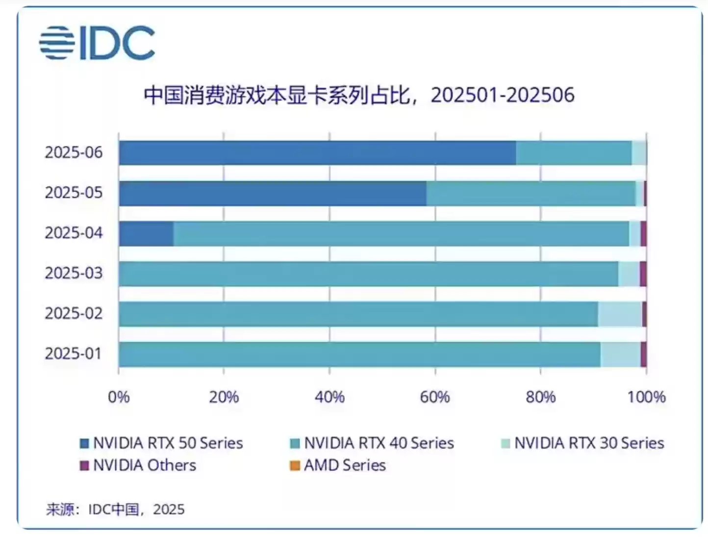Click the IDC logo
pyautogui.click(x=97, y=43)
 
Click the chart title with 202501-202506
pyautogui.click(x=358, y=95)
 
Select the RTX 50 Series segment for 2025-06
pyautogui.click(x=317, y=153)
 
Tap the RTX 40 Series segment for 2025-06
pyautogui.click(x=574, y=153)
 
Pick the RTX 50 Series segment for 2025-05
pyautogui.click(x=272, y=193)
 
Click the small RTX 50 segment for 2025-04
pyautogui.click(x=146, y=233)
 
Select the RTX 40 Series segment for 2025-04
pyautogui.click(x=401, y=233)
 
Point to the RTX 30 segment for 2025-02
pyautogui.click(x=620, y=314)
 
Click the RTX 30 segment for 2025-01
pyautogui.click(x=620, y=354)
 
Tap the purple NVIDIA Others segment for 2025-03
pyautogui.click(x=643, y=273)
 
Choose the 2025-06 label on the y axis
pyautogui.click(x=74, y=153)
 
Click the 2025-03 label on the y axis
pyautogui.click(x=74, y=273)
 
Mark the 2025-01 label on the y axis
pyautogui.click(x=73, y=354)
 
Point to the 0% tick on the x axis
pyautogui.click(x=119, y=397)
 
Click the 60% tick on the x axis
pyautogui.click(x=435, y=397)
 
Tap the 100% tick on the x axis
pyautogui.click(x=646, y=397)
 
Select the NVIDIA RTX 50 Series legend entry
pyautogui.click(x=162, y=443)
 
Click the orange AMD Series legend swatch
pyautogui.click(x=295, y=465)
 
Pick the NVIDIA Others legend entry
pyautogui.click(x=138, y=465)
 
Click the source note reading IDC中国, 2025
pyautogui.click(x=115, y=510)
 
